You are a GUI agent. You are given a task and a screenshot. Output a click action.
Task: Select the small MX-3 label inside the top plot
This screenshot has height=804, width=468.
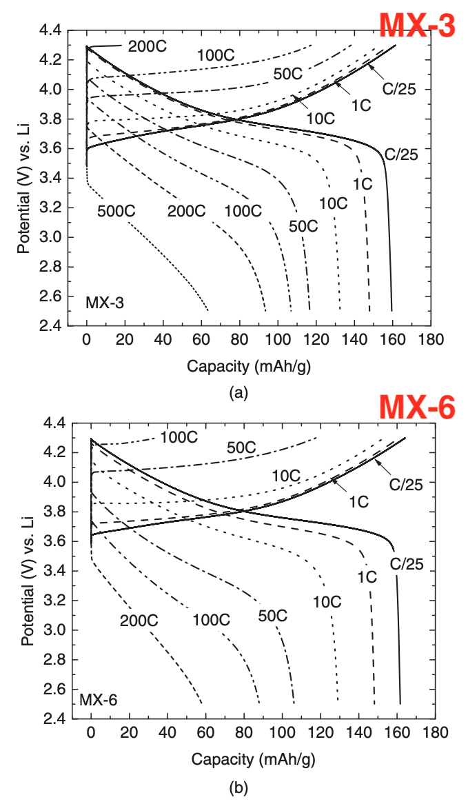(105, 302)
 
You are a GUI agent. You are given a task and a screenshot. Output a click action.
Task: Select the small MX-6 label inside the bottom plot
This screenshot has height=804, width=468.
(99, 700)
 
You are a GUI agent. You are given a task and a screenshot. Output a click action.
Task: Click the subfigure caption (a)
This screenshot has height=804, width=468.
(238, 393)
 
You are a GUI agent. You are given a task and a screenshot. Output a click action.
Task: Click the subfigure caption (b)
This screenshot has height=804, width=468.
(238, 786)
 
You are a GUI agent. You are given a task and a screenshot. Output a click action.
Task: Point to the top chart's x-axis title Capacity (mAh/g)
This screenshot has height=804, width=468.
(249, 367)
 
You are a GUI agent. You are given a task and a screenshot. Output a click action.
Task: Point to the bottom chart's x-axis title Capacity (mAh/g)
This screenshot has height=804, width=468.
(254, 760)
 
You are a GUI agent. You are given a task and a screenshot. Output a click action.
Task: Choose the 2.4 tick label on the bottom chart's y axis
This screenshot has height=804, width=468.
(55, 718)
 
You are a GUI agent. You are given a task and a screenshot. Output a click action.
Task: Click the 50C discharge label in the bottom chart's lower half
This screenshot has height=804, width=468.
(272, 615)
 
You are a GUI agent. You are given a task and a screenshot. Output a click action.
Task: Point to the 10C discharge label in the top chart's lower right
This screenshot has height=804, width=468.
(333, 203)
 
